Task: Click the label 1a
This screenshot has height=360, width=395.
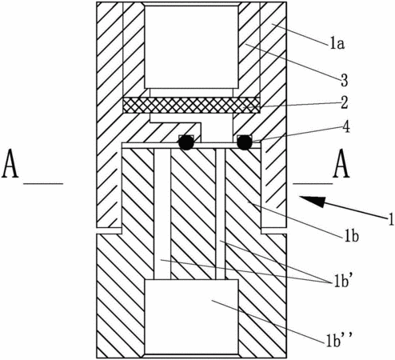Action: [337, 44]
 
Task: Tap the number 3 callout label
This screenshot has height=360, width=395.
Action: [345, 80]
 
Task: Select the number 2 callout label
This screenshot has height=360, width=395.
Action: [344, 103]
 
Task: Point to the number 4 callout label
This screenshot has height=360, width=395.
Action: [345, 127]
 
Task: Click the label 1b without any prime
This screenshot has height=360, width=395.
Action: [352, 236]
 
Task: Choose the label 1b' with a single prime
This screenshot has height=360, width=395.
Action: [341, 282]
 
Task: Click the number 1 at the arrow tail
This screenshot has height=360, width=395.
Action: [391, 220]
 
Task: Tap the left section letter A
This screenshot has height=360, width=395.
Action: [10, 163]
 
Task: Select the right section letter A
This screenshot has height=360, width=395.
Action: [341, 163]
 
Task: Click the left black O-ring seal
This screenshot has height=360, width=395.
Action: [186, 142]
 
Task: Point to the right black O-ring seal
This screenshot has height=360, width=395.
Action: [245, 142]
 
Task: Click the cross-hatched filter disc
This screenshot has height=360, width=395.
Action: [191, 105]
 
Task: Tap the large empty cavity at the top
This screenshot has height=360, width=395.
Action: [191, 47]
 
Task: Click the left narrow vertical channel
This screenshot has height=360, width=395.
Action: [162, 214]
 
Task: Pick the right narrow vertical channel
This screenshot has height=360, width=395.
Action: [221, 214]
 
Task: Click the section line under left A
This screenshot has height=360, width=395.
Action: [43, 183]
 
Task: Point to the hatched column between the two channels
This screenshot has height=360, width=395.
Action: [194, 214]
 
